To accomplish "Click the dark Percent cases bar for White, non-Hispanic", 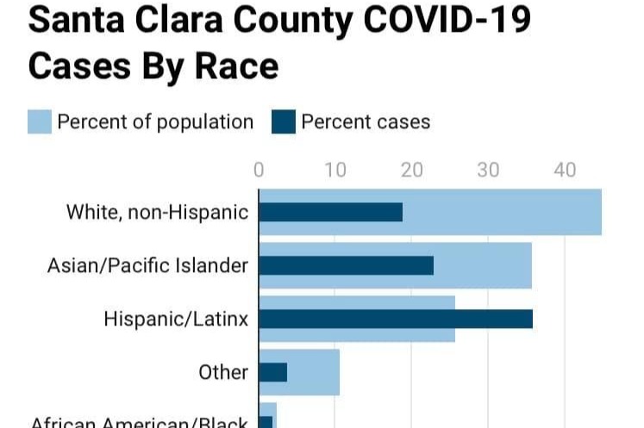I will pos(330,212).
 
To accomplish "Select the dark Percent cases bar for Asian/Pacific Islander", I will pos(346,265).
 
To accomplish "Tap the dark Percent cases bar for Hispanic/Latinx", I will pos(395,319).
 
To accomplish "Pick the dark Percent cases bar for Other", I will pos(272,372).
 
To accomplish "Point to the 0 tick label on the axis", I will pos(259,170).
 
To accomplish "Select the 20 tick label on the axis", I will pos(411,170).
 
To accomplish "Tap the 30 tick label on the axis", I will pos(488,170).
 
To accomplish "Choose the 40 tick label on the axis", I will pos(565,170).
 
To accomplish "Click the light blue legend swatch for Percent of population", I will pos(40,121).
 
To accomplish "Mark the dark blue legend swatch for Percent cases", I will pos(283,121).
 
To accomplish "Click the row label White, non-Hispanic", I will pos(157,212).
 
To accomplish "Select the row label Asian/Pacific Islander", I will pos(147,265).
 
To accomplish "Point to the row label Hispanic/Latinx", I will pos(176,319).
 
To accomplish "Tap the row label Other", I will pos(223,372).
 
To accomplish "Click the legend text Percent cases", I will pos(366,121).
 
